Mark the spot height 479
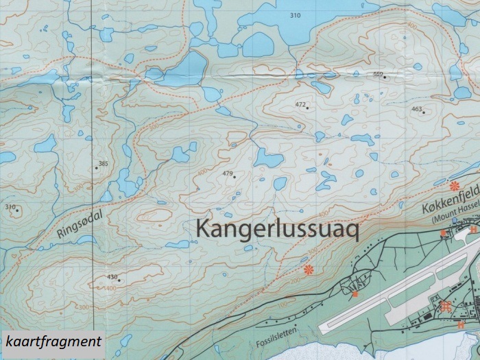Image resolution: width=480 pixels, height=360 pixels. pos(228,173)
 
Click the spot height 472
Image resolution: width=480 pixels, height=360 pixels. pos(300,104)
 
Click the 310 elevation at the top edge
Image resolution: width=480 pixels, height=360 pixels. pos(295,15)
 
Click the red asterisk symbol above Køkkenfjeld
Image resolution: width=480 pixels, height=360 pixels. pos(453,185)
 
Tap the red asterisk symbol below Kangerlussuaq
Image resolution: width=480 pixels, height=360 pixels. pos(309,269)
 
